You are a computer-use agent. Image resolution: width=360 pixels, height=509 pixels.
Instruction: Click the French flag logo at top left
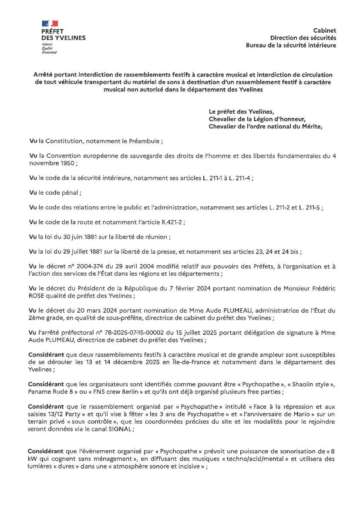coord(50,23)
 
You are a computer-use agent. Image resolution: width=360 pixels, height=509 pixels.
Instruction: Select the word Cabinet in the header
coord(324,30)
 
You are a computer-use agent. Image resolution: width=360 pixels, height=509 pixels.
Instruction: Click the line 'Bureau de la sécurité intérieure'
coord(291,45)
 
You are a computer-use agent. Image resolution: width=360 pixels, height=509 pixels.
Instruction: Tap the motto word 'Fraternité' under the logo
coord(49,52)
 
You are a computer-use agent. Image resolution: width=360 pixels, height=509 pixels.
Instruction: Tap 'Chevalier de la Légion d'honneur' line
coord(257,119)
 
